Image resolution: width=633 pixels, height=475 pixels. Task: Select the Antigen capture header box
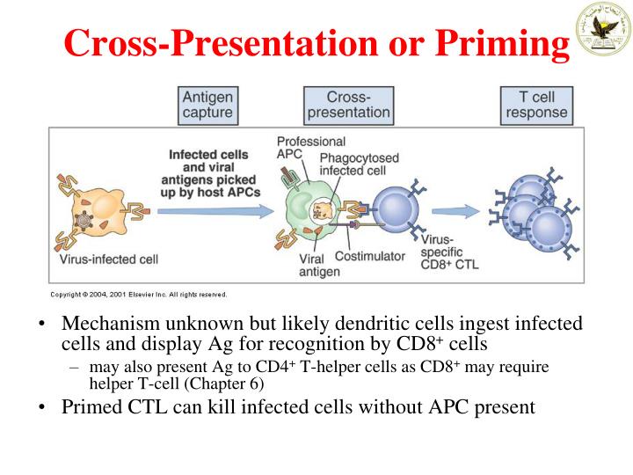(x=207, y=105)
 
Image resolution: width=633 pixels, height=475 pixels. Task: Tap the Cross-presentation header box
(x=347, y=105)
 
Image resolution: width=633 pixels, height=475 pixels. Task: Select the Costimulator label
(x=369, y=256)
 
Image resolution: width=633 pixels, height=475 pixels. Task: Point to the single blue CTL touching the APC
(x=401, y=211)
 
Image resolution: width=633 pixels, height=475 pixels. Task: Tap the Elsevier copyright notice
(x=139, y=294)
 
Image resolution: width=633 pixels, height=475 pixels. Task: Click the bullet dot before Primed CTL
(x=42, y=407)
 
